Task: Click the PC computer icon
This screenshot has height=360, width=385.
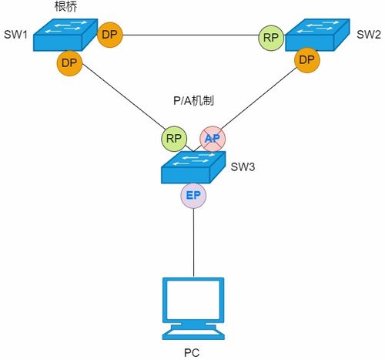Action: click(193, 308)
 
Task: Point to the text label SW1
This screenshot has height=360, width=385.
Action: click(15, 34)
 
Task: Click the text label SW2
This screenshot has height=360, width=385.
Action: click(368, 34)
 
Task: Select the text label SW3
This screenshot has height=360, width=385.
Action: click(243, 167)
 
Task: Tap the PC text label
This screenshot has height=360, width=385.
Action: click(193, 352)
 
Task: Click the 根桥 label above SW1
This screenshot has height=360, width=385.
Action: click(64, 7)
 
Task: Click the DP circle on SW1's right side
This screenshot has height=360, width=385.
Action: click(110, 35)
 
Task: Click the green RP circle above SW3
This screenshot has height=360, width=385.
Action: click(174, 140)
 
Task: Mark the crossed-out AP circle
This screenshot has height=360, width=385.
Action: click(213, 139)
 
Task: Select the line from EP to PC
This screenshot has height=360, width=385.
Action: click(193, 243)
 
